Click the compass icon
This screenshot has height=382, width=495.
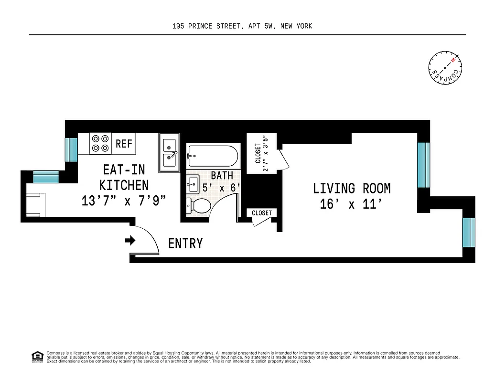[x=445, y=69]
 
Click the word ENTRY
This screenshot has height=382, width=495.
[x=185, y=244]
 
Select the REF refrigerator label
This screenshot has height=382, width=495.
[x=124, y=144]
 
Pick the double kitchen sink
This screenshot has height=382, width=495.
[x=169, y=152]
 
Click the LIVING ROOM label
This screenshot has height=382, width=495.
[x=352, y=188]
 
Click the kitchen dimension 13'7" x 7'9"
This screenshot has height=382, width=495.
[x=124, y=201]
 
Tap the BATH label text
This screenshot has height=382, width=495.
[x=222, y=176]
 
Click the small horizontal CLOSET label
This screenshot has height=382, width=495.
[x=261, y=213]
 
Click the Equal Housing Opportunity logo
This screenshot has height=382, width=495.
[x=37, y=356]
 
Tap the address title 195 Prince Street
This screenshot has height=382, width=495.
[x=242, y=26]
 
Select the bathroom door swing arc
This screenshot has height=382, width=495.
[x=225, y=201]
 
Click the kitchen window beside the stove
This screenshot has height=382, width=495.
[x=71, y=149]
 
